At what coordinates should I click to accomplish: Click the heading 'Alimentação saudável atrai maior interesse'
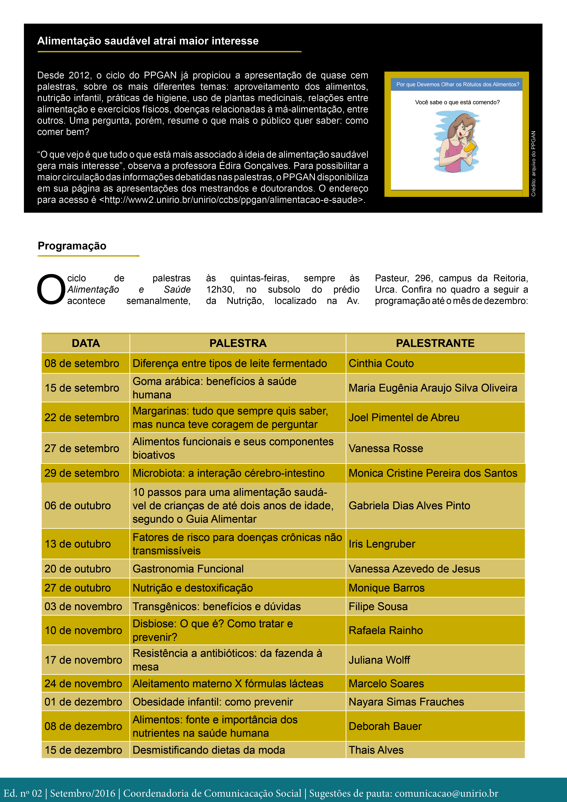pyautogui.click(x=148, y=41)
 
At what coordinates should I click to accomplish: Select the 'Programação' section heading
pyautogui.click(x=72, y=246)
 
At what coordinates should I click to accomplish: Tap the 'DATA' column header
pyautogui.click(x=86, y=343)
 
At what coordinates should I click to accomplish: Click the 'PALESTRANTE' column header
pyautogui.click(x=435, y=343)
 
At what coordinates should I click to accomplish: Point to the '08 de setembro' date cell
pyautogui.click(x=82, y=363)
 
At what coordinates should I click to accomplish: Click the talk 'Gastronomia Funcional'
pyautogui.click(x=188, y=569)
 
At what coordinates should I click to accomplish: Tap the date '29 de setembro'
pyautogui.click(x=82, y=473)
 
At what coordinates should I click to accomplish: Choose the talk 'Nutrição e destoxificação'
pyautogui.click(x=192, y=588)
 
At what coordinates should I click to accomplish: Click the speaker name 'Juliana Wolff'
pyautogui.click(x=379, y=660)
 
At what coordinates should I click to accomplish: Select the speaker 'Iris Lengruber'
pyautogui.click(x=382, y=544)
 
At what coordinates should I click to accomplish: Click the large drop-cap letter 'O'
pyautogui.click(x=51, y=290)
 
